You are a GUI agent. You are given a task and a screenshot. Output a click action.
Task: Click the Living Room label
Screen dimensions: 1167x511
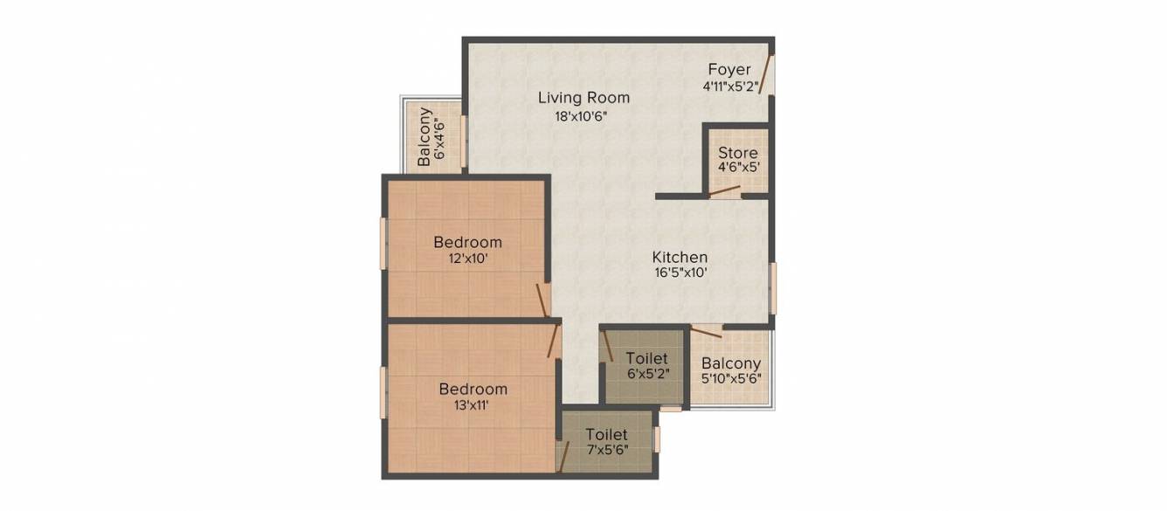tap(583, 98)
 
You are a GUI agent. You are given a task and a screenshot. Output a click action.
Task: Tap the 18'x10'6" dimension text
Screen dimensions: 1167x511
tap(581, 116)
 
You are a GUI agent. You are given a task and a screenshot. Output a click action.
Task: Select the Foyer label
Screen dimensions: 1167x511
tap(729, 69)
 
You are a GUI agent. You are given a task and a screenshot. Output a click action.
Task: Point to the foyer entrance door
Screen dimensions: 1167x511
tap(764, 74)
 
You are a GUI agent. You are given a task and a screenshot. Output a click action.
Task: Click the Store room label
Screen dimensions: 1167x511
tap(738, 153)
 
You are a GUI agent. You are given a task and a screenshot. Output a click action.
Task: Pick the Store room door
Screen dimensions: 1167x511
tap(725, 190)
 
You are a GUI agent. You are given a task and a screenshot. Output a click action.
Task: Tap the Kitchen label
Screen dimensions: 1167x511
tap(680, 257)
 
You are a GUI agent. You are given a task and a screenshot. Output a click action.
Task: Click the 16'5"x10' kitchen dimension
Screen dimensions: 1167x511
tap(680, 273)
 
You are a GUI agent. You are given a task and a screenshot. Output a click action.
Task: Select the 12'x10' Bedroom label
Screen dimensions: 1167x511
tap(467, 242)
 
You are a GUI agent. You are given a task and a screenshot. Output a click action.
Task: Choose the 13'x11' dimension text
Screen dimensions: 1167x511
tap(471, 405)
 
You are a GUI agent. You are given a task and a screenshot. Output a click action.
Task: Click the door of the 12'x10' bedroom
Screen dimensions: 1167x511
tap(542, 300)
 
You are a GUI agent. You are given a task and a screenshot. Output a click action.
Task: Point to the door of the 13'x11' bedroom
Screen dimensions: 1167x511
tap(553, 341)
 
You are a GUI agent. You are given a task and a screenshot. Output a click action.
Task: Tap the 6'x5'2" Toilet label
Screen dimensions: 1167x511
tap(646, 358)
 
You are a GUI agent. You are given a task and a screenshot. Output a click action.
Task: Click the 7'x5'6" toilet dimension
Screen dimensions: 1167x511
tap(607, 450)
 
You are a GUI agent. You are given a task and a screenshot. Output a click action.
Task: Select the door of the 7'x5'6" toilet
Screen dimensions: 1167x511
tap(563, 457)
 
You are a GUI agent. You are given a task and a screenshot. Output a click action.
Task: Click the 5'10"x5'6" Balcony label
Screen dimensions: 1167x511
tap(731, 363)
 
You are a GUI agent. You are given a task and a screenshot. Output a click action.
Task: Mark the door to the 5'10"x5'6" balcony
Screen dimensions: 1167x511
tap(707, 331)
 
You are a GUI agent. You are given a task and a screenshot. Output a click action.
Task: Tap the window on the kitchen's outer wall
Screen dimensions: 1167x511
tap(773, 288)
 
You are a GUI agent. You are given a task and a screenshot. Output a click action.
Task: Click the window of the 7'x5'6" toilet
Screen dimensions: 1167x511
tap(657, 439)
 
